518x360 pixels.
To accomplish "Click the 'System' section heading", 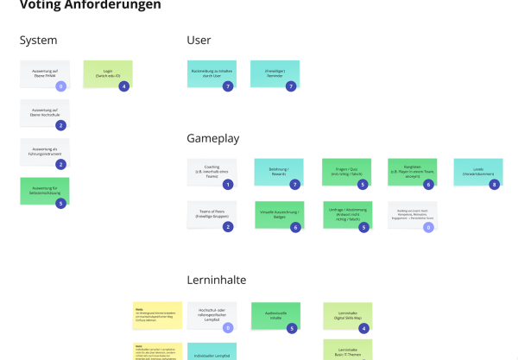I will (38, 40).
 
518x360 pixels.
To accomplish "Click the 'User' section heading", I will (199, 40).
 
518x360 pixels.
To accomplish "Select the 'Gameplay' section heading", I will (212, 138).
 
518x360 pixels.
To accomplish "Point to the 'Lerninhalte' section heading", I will (217, 280).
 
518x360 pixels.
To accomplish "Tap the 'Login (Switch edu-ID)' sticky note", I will (108, 73).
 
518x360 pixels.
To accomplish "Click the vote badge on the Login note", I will (123, 86).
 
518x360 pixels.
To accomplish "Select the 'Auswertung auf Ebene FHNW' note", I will (44, 73).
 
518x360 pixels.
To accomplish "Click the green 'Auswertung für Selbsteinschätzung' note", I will (44, 190).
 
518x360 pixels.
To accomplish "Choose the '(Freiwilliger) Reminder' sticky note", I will (275, 73).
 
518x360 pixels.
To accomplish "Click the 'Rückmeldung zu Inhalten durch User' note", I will (211, 73).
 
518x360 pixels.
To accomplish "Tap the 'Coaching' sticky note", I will (211, 171).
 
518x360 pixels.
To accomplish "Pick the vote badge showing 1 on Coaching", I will (228, 185).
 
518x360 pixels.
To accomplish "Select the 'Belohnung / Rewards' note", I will (278, 171).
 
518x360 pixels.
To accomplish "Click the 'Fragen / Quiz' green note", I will (345, 171).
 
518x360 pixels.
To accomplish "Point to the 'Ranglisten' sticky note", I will (412, 171).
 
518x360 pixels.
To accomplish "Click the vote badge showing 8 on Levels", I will (494, 185).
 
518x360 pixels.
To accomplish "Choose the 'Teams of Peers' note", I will (211, 214).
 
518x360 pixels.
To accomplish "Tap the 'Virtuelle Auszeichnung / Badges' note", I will (278, 214).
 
